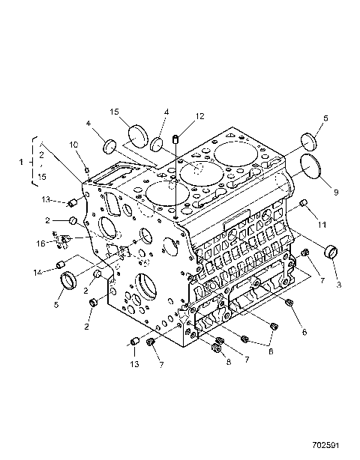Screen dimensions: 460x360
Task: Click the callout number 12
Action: pyautogui.click(x=199, y=116)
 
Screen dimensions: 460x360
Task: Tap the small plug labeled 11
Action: pyautogui.click(x=304, y=204)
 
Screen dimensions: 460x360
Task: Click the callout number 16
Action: pyautogui.click(x=42, y=242)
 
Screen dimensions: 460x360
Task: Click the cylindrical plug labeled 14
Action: pyautogui.click(x=64, y=263)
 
